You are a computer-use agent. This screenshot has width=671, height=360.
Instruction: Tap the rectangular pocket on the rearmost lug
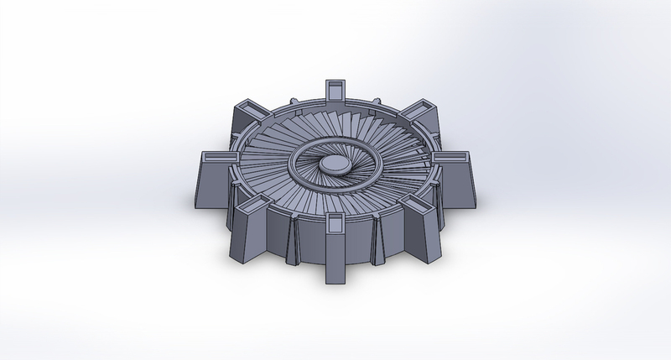(333, 86)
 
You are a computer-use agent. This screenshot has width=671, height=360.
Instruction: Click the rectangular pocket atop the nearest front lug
(335, 222)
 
